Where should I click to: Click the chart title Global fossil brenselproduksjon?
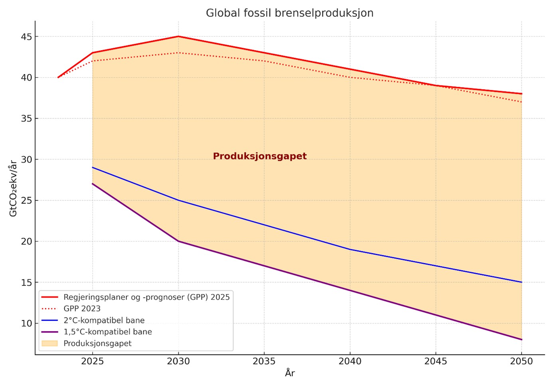[289, 13]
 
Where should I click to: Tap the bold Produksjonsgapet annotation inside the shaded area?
[260, 156]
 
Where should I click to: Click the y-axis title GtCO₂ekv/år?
[13, 188]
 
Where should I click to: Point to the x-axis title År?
[290, 373]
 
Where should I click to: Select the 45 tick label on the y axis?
[26, 37]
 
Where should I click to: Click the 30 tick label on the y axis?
[26, 160]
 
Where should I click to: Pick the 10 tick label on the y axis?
[26, 324]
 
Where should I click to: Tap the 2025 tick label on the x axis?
[93, 361]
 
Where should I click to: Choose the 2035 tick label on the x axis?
[264, 361]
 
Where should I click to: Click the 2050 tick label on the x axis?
[521, 361]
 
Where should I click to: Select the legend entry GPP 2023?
[82, 309]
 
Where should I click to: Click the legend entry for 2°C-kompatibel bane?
[104, 320]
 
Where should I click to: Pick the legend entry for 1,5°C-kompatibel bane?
[107, 332]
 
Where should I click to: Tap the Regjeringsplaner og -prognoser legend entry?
[146, 297]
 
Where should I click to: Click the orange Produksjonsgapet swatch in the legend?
[50, 344]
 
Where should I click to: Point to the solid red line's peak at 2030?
[178, 36]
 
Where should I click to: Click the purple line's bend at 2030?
[178, 241]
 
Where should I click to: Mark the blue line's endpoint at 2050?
[521, 282]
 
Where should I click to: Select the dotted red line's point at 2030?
[178, 53]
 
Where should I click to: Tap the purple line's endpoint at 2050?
[521, 340]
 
